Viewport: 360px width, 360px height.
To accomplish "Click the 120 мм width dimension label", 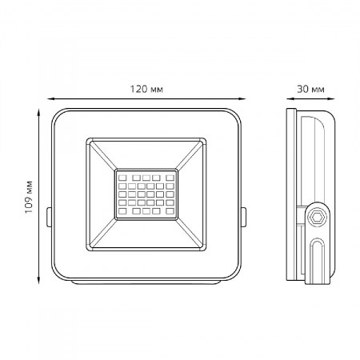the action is pos(146,89).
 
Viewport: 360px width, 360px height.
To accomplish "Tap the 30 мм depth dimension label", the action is pos(310,89).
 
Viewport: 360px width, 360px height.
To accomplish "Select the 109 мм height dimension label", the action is pos(29,197).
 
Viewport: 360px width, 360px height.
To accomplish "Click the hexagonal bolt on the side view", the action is pos(317,218).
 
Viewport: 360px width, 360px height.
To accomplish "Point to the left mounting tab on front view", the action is pos(49,217).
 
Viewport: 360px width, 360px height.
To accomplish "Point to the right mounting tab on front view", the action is pos(244,217).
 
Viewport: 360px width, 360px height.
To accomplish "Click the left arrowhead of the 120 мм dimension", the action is pos(51,99).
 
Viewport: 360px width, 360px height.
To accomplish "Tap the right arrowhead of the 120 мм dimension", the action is pos(242,99).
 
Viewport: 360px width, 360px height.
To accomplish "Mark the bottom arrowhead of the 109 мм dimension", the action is pos(38,280).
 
